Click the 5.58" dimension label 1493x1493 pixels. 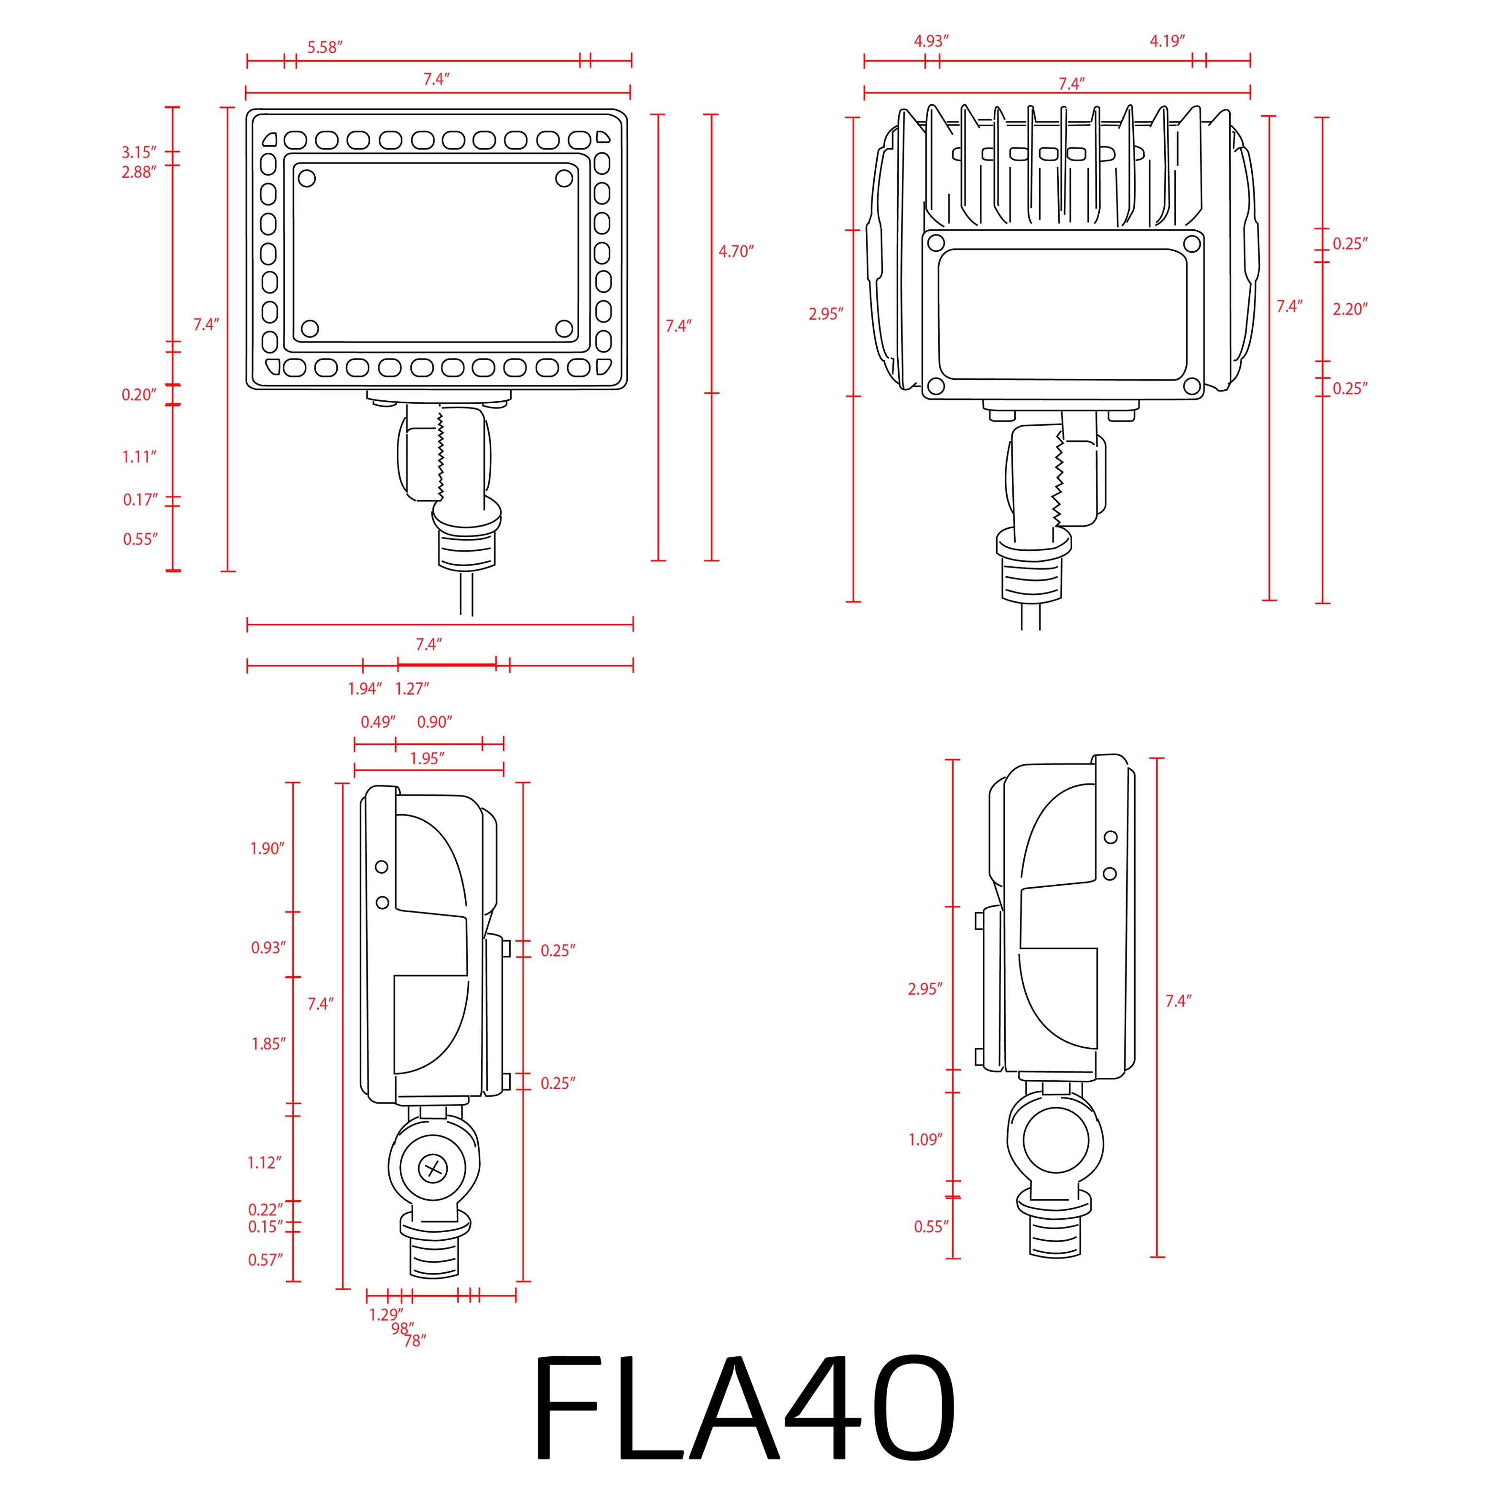(324, 47)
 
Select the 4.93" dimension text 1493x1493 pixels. (931, 42)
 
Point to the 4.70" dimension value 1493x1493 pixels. (736, 251)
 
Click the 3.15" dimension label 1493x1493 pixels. (139, 152)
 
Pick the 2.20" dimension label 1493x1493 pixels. (1350, 309)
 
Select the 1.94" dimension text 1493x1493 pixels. (365, 688)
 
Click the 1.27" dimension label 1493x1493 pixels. (412, 688)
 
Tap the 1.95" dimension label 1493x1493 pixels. (427, 759)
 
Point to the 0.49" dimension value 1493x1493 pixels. (378, 722)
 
